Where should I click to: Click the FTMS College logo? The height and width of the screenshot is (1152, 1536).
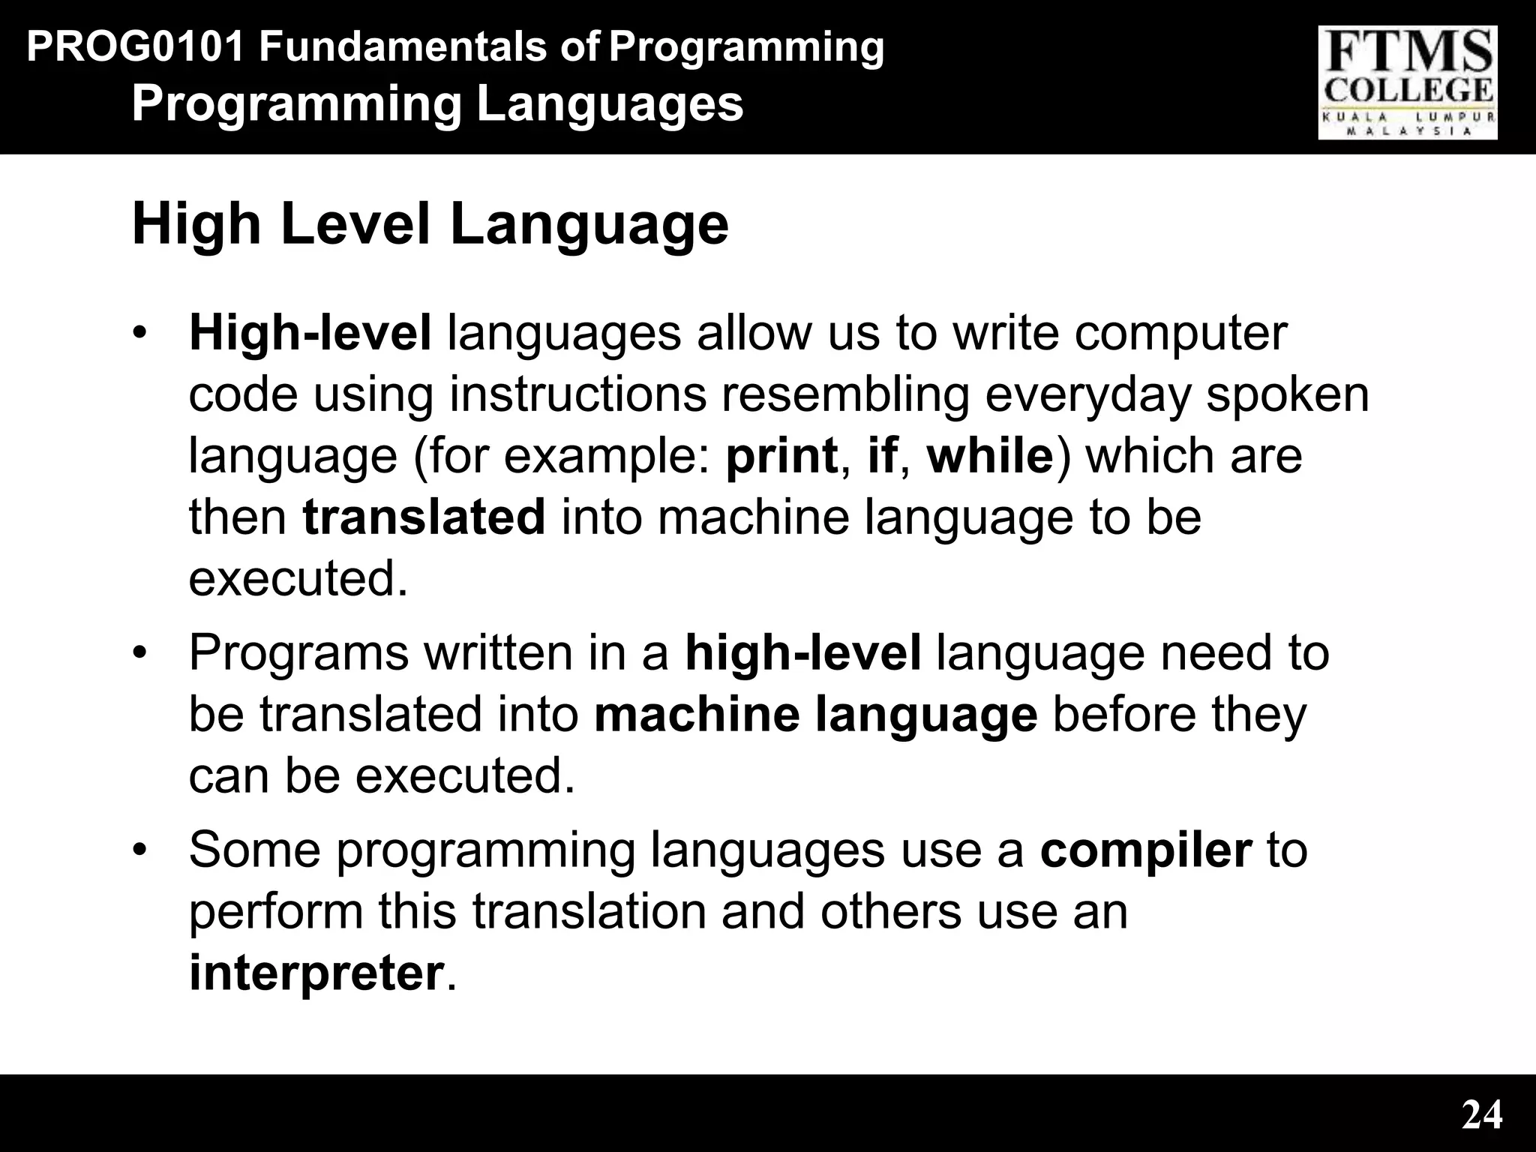click(x=1408, y=82)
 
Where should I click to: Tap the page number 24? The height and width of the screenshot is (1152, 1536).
click(x=1482, y=1115)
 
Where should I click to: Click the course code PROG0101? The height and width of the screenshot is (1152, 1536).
click(x=136, y=47)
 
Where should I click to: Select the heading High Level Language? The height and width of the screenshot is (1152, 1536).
click(x=430, y=224)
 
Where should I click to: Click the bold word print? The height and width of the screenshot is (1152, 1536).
click(x=781, y=456)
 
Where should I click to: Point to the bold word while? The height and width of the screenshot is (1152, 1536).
click(x=990, y=456)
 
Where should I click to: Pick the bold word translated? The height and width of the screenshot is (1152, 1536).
click(x=424, y=517)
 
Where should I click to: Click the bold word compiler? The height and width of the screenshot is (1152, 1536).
click(x=1146, y=850)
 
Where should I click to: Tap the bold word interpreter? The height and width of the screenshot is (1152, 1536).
click(x=316, y=973)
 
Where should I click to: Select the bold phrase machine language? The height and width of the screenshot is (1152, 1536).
click(x=815, y=715)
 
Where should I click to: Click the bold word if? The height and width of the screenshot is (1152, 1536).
click(x=882, y=456)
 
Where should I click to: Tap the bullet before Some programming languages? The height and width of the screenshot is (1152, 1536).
click(x=139, y=850)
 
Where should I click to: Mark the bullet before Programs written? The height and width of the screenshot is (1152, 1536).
click(x=139, y=653)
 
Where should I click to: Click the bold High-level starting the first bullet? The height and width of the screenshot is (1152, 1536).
click(x=310, y=334)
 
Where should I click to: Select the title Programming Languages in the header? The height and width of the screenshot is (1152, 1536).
click(x=437, y=103)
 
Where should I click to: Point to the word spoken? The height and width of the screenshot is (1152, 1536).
click(x=1287, y=395)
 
